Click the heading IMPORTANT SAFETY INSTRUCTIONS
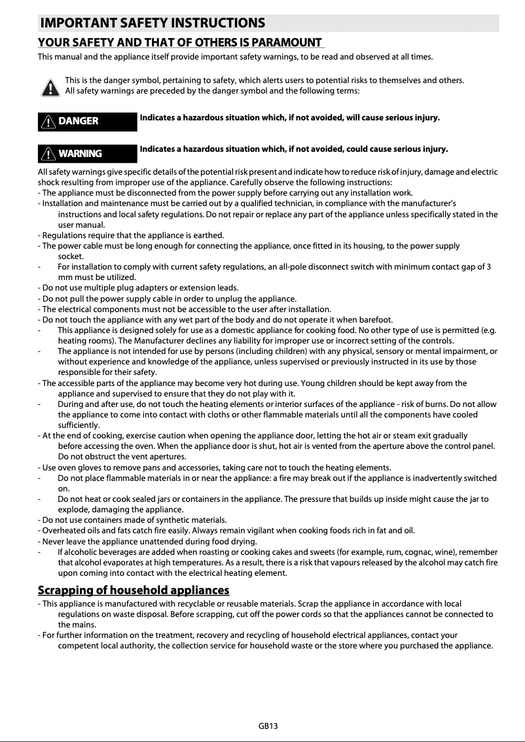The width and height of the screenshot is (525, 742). pyautogui.click(x=153, y=24)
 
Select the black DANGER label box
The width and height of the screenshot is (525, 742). pyautogui.click(x=87, y=121)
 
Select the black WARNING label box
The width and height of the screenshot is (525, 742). pyautogui.click(x=87, y=153)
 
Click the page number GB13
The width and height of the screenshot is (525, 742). pyautogui.click(x=268, y=726)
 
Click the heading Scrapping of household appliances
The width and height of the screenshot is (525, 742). pyautogui.click(x=134, y=591)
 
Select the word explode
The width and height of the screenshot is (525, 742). pyautogui.click(x=74, y=509)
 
